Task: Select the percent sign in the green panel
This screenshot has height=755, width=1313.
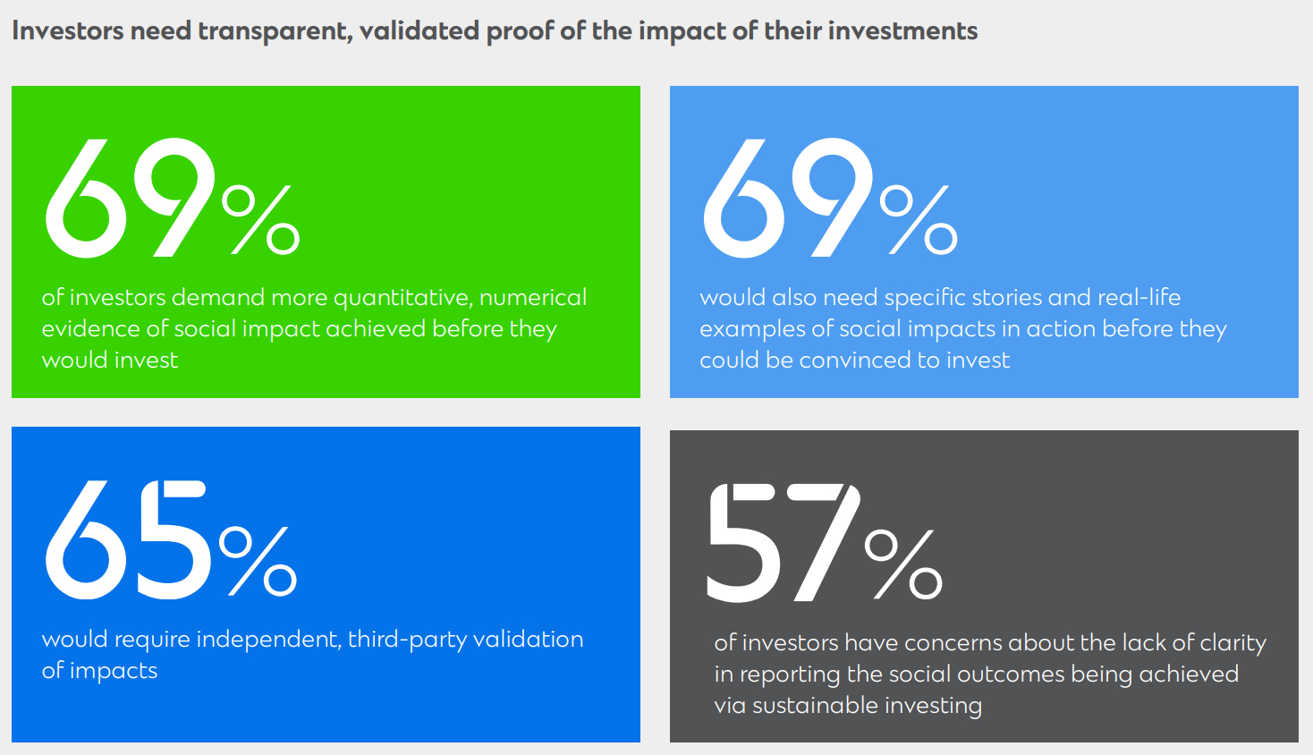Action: coord(261,219)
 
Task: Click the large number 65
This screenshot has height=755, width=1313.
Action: coord(127,540)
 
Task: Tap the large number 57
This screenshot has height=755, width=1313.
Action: coord(784,542)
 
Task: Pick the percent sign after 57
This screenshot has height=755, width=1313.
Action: coord(903,564)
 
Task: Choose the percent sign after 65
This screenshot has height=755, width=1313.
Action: coord(258,561)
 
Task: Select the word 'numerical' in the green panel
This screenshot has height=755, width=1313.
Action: coord(533,297)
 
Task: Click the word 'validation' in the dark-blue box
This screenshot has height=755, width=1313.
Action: coord(528,639)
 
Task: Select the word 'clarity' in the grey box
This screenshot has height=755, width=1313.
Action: coord(1233,644)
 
